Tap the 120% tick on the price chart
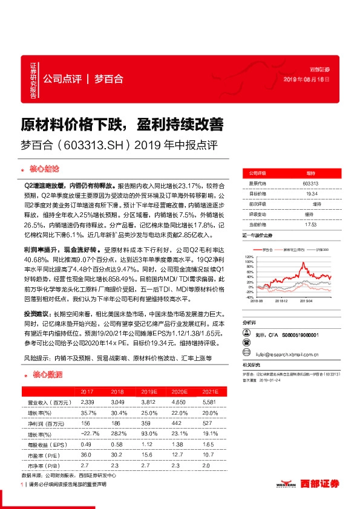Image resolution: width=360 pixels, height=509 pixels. click(x=249, y=256)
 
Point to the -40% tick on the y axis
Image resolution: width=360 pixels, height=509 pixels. click(x=249, y=297)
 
